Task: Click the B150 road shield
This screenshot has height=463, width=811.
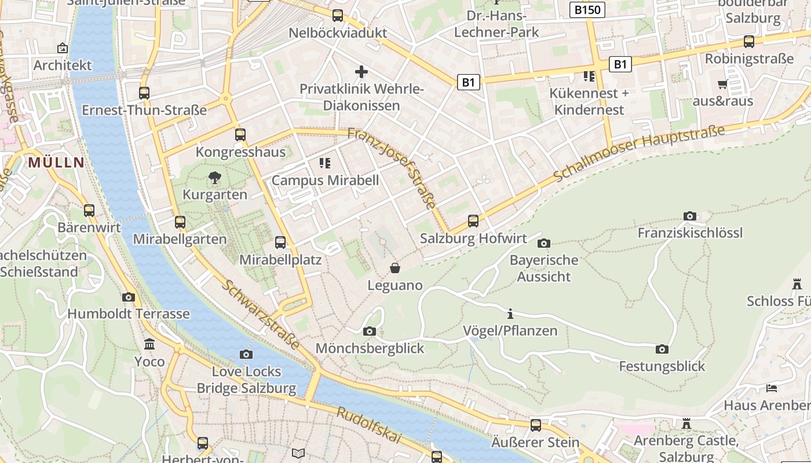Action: pos(587,10)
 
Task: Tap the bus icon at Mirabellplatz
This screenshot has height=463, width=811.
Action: pos(280,242)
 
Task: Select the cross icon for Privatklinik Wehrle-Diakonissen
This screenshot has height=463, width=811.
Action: pos(361,72)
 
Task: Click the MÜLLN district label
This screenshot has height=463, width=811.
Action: pos(56,163)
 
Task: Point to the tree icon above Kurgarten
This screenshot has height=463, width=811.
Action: pos(215,178)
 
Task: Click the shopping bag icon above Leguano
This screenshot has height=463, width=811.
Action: pos(395,268)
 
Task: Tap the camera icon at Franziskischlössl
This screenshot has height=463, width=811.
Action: pos(689,216)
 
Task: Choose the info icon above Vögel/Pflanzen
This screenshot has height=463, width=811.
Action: pos(510,314)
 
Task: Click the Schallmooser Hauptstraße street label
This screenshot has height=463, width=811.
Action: pos(639,153)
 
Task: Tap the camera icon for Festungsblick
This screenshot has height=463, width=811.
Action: pos(662,349)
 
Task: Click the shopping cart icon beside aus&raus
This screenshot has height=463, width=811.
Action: pos(722,84)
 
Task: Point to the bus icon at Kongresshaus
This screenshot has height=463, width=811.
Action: pos(240,135)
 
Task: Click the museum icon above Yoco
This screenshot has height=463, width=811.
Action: pos(150,344)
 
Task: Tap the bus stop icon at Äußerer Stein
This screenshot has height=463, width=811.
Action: pos(536,425)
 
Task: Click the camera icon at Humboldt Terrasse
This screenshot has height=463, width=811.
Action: pos(129,297)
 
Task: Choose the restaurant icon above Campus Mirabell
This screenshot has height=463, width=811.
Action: pos(324,163)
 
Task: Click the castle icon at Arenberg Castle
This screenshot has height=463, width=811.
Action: pos(686,424)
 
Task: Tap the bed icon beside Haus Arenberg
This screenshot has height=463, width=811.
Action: pos(771,388)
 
